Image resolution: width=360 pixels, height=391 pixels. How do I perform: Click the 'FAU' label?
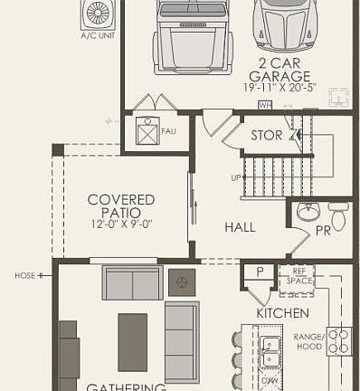click(167, 130)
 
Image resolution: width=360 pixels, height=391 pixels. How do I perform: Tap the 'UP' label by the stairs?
click(235, 177)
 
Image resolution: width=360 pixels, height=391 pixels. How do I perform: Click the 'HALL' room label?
click(240, 227)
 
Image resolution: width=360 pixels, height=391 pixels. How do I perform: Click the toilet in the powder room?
click(337, 216)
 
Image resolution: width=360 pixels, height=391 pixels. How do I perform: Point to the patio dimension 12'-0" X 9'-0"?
click(121, 224)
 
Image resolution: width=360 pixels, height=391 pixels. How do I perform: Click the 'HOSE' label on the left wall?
click(24, 275)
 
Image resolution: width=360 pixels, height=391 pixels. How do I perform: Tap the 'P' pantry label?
click(260, 272)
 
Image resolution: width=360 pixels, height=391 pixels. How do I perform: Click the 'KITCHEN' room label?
click(283, 312)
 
